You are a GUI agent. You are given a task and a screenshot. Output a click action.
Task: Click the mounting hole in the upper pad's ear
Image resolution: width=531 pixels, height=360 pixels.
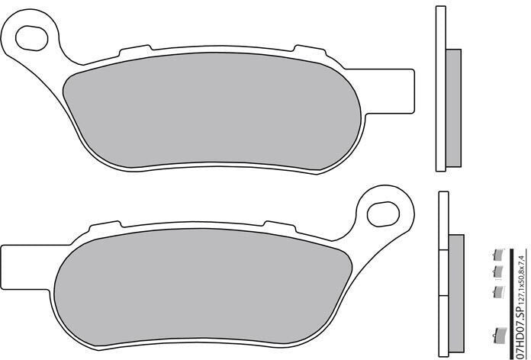click(x=31, y=38)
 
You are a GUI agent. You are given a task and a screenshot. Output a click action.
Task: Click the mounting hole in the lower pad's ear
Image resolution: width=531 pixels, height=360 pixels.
click(x=383, y=214)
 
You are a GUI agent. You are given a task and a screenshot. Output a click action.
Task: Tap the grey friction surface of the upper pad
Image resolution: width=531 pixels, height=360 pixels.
click(x=211, y=111)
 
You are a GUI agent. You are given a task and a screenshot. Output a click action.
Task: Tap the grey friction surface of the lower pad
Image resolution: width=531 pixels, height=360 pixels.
click(x=203, y=288)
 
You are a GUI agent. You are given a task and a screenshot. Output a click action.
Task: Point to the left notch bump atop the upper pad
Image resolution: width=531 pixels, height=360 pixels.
click(x=135, y=50)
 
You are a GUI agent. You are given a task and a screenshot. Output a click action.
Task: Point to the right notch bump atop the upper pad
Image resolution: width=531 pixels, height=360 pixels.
click(x=310, y=51)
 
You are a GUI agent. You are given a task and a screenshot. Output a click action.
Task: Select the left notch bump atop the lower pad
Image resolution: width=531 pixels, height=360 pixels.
click(x=105, y=227)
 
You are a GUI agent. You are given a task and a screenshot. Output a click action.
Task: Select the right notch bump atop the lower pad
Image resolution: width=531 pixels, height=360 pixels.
click(x=281, y=227)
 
